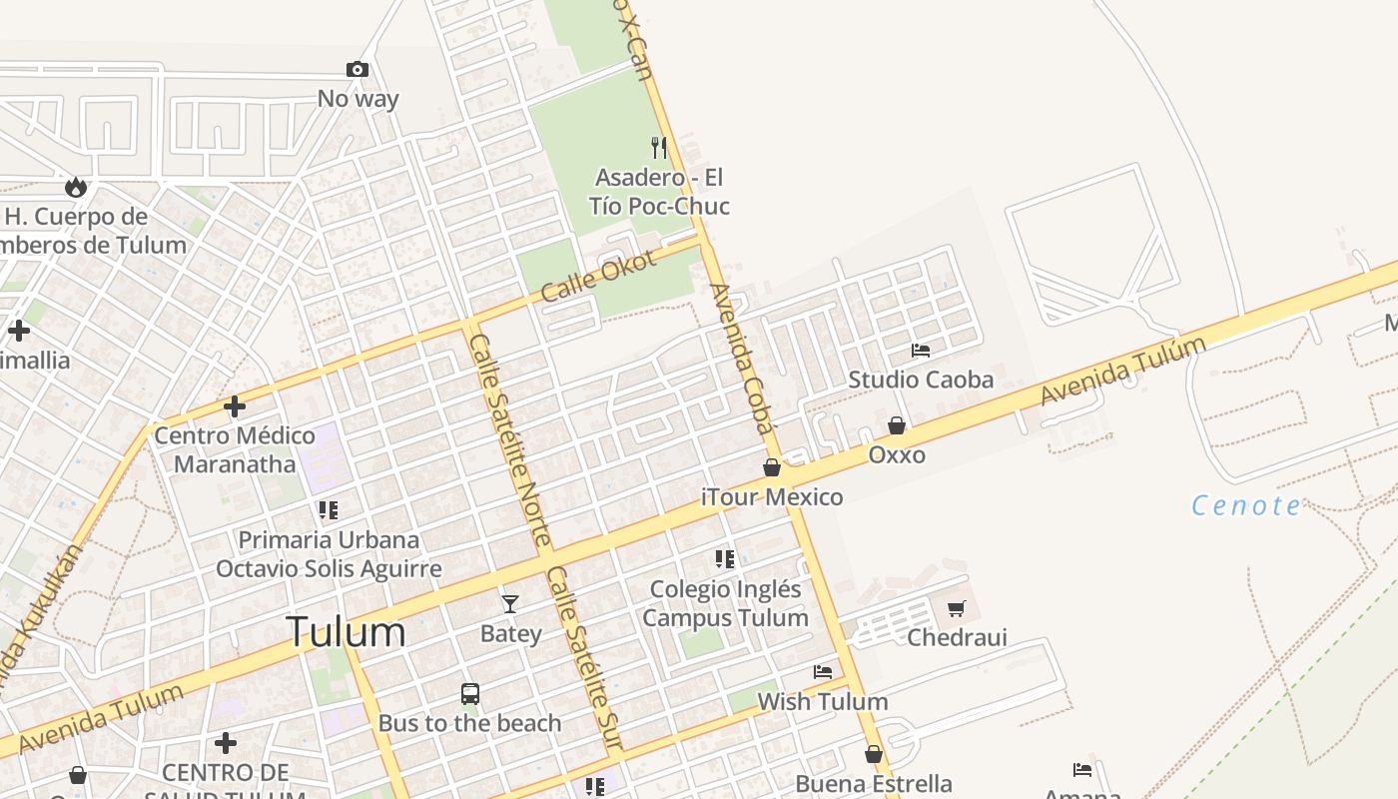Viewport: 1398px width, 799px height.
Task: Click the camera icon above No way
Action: pos(356,69)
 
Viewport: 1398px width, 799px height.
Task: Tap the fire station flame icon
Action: pos(75,187)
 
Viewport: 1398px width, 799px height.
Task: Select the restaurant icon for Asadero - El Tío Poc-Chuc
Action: pos(659,148)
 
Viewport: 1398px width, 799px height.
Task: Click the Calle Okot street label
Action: pos(598,276)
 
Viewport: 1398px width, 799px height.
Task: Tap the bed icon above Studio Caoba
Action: pos(921,351)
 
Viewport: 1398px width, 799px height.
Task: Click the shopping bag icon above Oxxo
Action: pos(897,426)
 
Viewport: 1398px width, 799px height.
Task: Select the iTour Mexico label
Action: pos(772,496)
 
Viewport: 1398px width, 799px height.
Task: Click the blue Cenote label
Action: pos(1247,505)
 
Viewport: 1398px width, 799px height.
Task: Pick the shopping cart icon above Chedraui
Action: pos(957,608)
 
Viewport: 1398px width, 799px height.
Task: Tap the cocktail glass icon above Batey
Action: pos(510,604)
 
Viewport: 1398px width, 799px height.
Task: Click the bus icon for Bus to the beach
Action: pos(469,693)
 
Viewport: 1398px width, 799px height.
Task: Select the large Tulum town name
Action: pos(346,632)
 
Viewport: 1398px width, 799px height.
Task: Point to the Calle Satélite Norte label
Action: pos(509,440)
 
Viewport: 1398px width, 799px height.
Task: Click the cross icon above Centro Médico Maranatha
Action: pos(235,406)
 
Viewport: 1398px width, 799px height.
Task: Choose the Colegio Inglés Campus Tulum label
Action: pos(725,603)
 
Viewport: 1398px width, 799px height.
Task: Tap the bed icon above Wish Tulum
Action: pos(823,672)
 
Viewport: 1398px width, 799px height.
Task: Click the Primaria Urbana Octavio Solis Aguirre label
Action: pos(329,554)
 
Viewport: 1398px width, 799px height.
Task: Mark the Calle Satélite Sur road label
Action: pos(584,658)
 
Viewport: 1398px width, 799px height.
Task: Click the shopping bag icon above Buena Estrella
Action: pos(874,754)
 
